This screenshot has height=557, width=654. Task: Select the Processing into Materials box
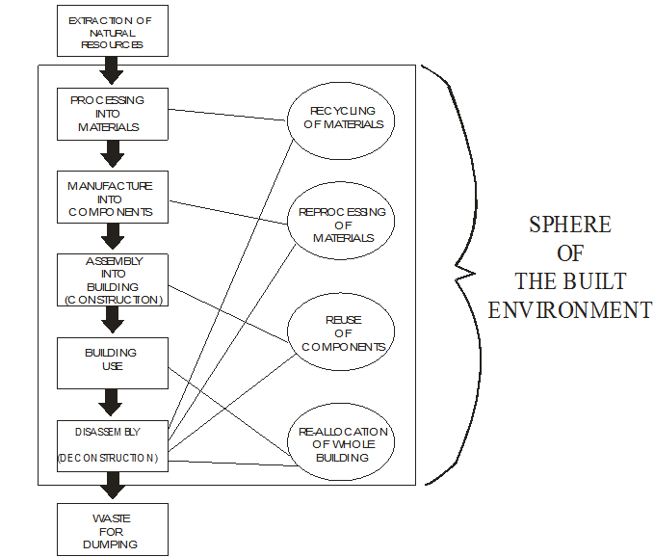[x=113, y=114]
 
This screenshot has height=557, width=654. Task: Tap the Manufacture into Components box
[x=113, y=197]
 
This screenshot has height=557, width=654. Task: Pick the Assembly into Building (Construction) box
[x=113, y=280]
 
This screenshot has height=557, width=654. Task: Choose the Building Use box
[x=113, y=360]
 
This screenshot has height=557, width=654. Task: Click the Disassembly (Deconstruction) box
[x=113, y=445]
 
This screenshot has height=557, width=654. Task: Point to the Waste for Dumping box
[x=113, y=529]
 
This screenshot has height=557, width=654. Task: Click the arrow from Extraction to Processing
[x=113, y=70]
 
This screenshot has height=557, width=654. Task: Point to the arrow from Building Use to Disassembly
[x=113, y=401]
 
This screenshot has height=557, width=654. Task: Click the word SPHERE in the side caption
[x=569, y=225]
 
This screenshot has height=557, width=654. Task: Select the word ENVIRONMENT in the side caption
[x=569, y=310]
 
